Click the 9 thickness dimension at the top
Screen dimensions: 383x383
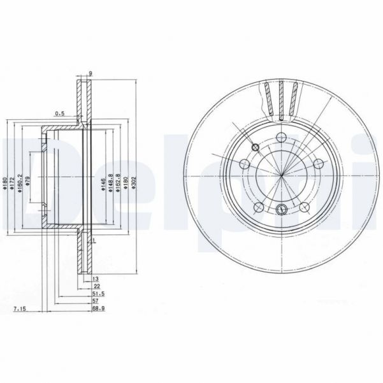coord(90,73)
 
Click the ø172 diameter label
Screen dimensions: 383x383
coord(11,186)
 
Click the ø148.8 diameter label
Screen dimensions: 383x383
coord(111,185)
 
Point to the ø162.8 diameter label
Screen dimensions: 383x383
coord(119,185)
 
